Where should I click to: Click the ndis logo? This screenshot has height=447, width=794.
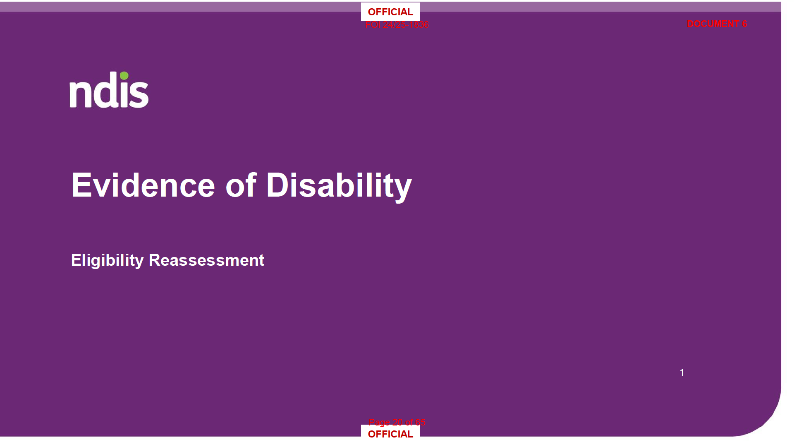pyautogui.click(x=109, y=89)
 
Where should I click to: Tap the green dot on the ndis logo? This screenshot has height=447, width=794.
pyautogui.click(x=124, y=76)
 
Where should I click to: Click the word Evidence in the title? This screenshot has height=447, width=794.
pyautogui.click(x=143, y=185)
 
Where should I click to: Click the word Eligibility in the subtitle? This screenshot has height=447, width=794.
pyautogui.click(x=107, y=260)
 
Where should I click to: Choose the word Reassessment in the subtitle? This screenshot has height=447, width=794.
pyautogui.click(x=206, y=260)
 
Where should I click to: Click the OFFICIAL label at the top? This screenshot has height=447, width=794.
pyautogui.click(x=390, y=12)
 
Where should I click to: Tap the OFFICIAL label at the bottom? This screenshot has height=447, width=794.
pyautogui.click(x=390, y=434)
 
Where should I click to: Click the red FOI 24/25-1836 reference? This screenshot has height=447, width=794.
pyautogui.click(x=397, y=25)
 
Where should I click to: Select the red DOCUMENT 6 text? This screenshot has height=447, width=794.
pyautogui.click(x=717, y=24)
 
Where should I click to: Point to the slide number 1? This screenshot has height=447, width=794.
pyautogui.click(x=682, y=372)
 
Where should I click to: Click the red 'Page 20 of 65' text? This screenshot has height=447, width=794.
pyautogui.click(x=397, y=422)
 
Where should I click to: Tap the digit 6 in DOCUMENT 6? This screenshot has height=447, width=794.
pyautogui.click(x=744, y=24)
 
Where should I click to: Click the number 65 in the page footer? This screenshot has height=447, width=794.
pyautogui.click(x=420, y=422)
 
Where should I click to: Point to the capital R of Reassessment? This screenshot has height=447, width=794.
pyautogui.click(x=154, y=260)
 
